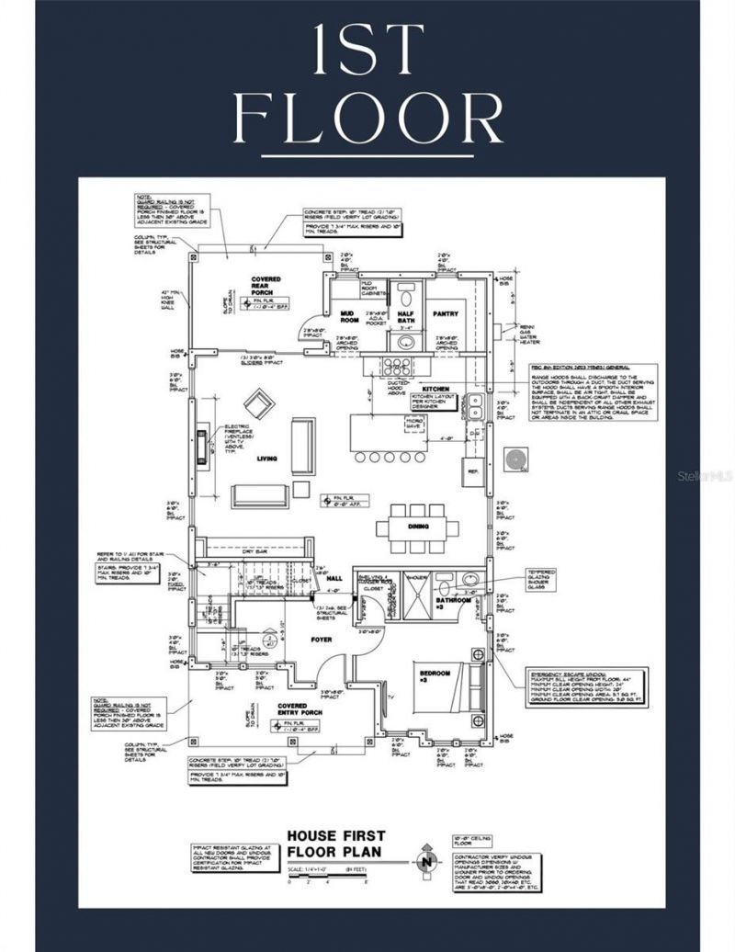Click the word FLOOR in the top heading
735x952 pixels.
point(367,118)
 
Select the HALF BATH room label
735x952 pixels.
point(406,318)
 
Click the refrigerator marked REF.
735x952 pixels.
point(474,470)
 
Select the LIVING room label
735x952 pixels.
point(267,459)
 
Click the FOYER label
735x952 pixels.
point(321,639)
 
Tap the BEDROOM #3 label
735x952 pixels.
point(437,676)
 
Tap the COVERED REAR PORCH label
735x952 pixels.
point(266,286)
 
